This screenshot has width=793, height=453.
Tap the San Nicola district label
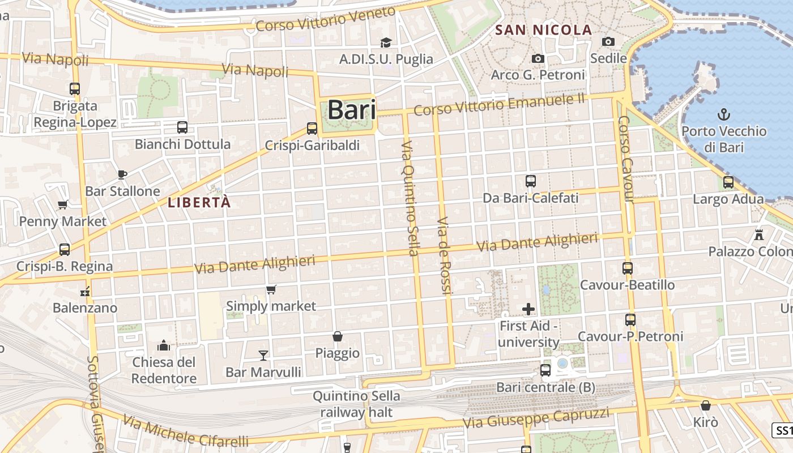[x=543, y=30]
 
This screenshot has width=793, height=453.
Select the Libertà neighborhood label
[x=199, y=202]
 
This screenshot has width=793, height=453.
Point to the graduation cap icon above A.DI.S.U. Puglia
[x=386, y=42]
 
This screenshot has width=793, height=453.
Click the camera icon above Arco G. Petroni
[x=538, y=58]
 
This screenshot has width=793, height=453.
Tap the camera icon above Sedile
[x=608, y=41]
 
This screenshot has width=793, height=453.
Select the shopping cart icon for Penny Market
[x=63, y=204]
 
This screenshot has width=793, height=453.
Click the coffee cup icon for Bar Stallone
[x=122, y=174]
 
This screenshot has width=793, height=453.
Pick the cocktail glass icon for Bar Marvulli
[x=263, y=356]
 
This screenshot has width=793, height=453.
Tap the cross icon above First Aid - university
[x=528, y=309]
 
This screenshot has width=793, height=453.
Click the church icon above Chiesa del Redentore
[x=164, y=345]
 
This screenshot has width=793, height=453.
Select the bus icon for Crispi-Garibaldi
[x=312, y=129]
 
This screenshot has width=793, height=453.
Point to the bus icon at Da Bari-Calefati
[x=531, y=181]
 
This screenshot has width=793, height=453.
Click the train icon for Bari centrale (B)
[x=545, y=370]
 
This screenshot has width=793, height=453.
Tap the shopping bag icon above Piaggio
[x=338, y=336]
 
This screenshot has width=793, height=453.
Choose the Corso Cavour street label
[x=625, y=160]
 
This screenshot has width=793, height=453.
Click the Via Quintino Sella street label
[x=410, y=198]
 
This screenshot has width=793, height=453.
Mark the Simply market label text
[x=271, y=306]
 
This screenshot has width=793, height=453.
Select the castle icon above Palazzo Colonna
[x=759, y=234]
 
